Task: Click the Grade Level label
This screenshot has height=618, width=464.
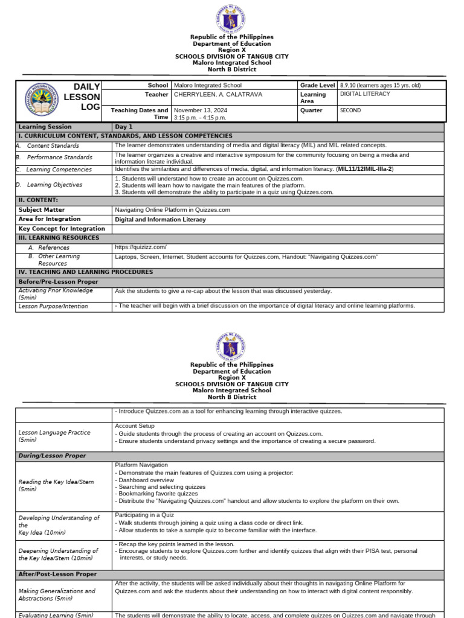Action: [x=317, y=86]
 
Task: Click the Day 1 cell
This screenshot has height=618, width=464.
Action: [x=124, y=127]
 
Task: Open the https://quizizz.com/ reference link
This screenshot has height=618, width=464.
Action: [x=141, y=247]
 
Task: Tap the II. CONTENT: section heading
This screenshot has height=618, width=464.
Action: [x=38, y=200]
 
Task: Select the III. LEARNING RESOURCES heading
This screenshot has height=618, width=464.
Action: [x=59, y=238]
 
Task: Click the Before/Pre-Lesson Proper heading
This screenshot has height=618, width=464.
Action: [x=58, y=282]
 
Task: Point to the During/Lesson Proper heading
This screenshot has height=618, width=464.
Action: [x=52, y=456]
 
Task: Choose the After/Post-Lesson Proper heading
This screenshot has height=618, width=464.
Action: [x=58, y=575]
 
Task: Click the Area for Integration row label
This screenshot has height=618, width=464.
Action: [x=50, y=219]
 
